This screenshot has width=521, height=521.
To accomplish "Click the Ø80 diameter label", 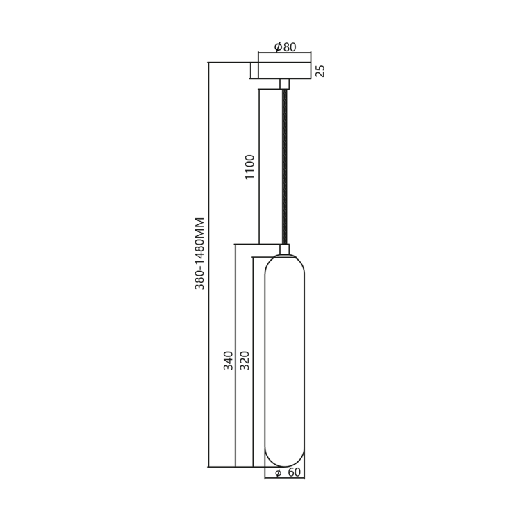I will coord(285,47).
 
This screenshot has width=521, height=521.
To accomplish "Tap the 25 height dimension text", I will coord(320,71).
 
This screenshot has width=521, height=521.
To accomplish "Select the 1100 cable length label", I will coord(250,167).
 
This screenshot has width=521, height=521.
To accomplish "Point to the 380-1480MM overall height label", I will coord(199,253).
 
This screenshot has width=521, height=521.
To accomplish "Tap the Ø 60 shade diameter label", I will coord(288,473).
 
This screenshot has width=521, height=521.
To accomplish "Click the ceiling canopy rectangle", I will coord(285,71).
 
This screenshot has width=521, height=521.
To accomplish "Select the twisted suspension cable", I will coord(285,167).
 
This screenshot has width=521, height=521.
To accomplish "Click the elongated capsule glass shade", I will coord(285,361).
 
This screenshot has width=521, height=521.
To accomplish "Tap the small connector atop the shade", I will coord(285,249).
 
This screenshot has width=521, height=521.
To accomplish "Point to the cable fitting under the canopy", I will coord(285,84).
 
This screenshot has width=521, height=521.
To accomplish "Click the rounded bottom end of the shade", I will coord(285,458).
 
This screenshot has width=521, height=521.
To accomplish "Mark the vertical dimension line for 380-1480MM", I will coord(209,347).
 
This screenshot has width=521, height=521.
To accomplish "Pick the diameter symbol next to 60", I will coord(277,473).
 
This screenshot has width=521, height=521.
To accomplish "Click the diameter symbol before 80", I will coord(278,47).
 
